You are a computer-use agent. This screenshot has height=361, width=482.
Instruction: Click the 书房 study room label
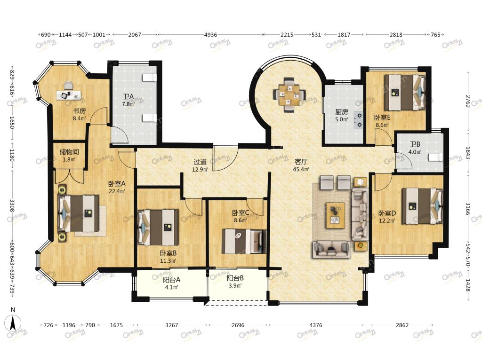(79, 111)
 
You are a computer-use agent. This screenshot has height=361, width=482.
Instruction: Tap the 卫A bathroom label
(128, 97)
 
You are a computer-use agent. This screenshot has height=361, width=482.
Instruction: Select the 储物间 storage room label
(69, 152)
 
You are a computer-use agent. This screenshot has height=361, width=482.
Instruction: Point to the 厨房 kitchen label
(342, 112)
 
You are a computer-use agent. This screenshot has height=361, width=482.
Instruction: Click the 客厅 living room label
(301, 162)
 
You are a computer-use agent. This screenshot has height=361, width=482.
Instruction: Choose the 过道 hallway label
(200, 162)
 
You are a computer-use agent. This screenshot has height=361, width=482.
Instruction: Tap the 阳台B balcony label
(235, 278)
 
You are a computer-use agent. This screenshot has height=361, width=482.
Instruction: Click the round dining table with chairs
(289, 94)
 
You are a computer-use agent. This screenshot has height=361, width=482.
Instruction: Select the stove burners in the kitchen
(358, 120)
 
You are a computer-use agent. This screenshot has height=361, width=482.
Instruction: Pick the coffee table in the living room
(335, 215)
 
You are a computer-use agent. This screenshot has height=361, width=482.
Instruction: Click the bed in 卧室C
(244, 241)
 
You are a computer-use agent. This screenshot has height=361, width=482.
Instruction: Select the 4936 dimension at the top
(210, 35)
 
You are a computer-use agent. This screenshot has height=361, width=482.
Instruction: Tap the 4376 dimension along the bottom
(316, 325)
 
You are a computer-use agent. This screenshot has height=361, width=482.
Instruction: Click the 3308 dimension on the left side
(12, 205)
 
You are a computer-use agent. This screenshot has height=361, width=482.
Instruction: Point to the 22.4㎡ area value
(117, 191)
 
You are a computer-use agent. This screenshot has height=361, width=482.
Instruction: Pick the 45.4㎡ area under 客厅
(301, 169)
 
